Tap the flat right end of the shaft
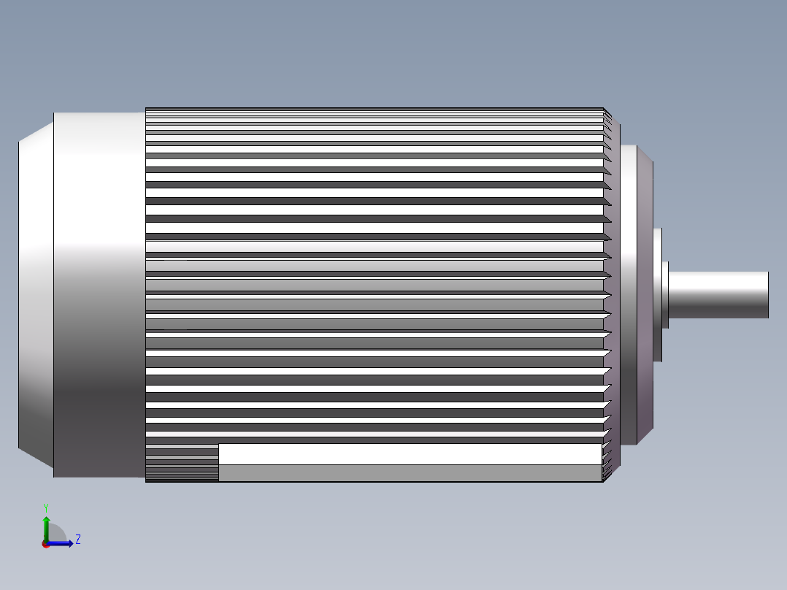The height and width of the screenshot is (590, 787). point(767,294)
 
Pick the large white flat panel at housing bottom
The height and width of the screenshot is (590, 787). point(409,454)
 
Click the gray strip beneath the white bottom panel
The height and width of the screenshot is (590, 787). point(409,473)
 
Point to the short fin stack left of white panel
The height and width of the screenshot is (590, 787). point(182,463)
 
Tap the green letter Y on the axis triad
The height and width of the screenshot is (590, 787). point(46,507)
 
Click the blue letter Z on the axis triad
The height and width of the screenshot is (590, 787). point(77,540)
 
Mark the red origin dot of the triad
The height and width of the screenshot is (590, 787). point(46,544)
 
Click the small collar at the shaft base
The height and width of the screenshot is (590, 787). point(665,294)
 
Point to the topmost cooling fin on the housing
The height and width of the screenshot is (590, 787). point(372,110)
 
